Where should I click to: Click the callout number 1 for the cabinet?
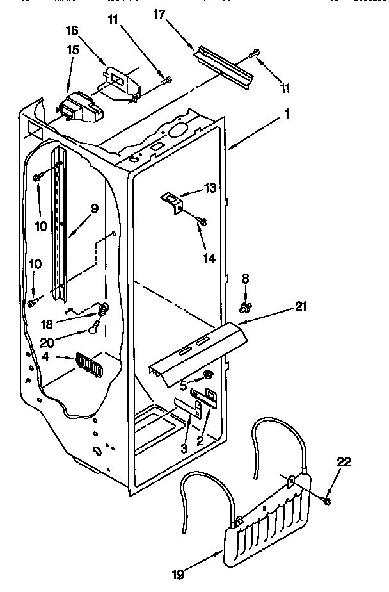(287, 115)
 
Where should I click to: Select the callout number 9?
(94, 208)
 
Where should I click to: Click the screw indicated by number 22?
(326, 500)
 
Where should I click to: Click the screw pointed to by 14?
(202, 221)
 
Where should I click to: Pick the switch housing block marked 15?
(77, 108)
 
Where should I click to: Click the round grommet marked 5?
(209, 374)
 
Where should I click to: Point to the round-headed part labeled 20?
(95, 330)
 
